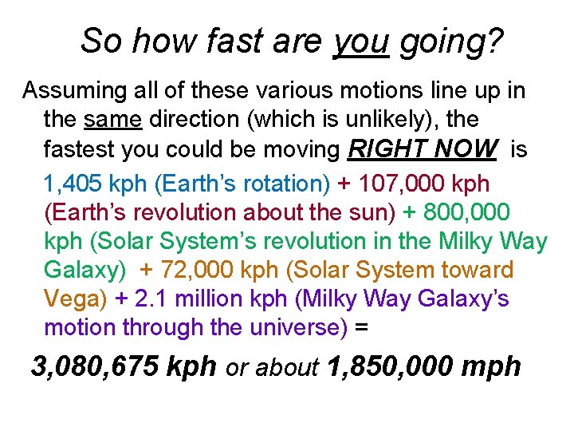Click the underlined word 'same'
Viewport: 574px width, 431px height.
pos(112,120)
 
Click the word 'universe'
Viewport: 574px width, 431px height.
pos(296,327)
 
